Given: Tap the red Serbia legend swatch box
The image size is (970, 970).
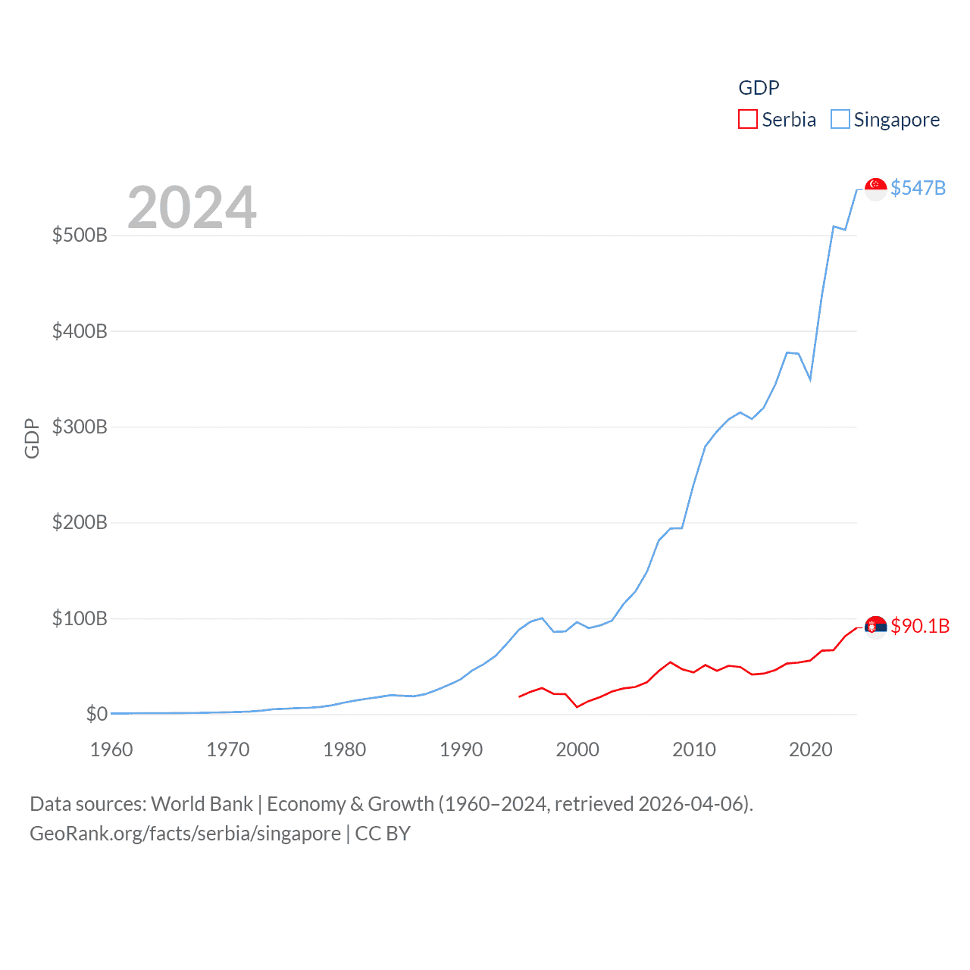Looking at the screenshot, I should click(x=748, y=120).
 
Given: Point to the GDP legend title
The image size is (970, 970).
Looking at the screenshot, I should click(x=759, y=88).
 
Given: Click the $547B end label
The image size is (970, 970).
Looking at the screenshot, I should click(x=918, y=188).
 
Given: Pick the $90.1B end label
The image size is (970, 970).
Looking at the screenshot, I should click(x=920, y=626).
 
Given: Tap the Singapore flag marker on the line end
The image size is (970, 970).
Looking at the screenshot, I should click(x=876, y=189).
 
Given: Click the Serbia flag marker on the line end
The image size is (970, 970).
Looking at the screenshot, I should click(x=876, y=627).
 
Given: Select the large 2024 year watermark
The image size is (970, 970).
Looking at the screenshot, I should click(x=192, y=208).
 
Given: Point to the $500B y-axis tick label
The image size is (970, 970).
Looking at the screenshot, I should click(x=80, y=235).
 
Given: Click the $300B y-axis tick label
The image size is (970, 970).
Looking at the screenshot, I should click(x=80, y=427).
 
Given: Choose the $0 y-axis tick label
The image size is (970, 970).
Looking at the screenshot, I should click(x=97, y=714).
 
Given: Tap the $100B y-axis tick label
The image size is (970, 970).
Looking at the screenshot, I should click(x=80, y=618).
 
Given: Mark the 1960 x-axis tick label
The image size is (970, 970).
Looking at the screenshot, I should click(x=111, y=749).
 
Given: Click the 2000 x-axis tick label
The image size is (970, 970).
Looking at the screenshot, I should click(x=577, y=749).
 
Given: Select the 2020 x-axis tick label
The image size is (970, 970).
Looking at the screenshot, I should click(x=811, y=749).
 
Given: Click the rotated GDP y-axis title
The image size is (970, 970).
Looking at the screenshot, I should click(x=32, y=438).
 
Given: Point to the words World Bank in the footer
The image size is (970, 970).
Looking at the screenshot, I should click(x=202, y=803).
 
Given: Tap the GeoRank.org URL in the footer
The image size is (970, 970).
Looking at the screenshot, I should click(x=185, y=834).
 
